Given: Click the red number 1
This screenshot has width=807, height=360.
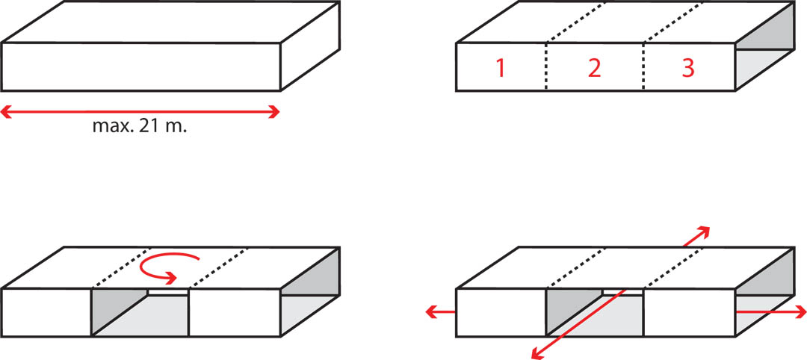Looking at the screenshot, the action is click(x=500, y=69).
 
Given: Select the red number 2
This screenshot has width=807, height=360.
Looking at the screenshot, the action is click(x=595, y=69).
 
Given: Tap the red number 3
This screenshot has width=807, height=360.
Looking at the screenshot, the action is click(x=688, y=69).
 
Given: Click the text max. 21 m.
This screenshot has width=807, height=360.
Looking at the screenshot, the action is click(x=140, y=126).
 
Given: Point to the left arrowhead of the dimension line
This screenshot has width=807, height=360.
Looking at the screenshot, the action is click(x=5, y=112).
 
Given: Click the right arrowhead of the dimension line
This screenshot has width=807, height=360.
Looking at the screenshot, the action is click(x=273, y=112).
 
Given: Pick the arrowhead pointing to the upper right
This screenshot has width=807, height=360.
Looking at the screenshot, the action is click(x=704, y=232).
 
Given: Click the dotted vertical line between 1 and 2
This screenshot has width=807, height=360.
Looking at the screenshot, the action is click(x=545, y=67).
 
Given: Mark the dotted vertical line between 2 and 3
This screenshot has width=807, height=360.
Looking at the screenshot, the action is click(x=643, y=67).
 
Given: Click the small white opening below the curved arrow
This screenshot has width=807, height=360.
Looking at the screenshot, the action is click(x=168, y=291).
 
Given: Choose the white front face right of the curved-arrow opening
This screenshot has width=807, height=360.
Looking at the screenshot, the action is click(x=234, y=312).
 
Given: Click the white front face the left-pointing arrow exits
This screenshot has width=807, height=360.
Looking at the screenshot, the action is click(x=500, y=312).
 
